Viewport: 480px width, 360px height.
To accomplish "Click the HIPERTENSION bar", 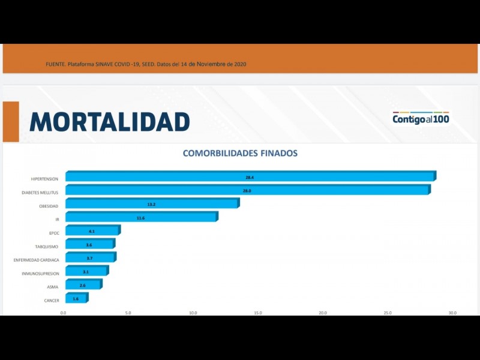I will click(250, 177).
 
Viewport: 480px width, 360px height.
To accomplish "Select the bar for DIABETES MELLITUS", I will click(247, 191).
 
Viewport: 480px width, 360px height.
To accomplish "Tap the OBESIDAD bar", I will click(152, 205).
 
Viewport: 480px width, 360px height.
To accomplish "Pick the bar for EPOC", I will click(92, 231).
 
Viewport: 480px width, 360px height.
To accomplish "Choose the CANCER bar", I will click(76, 299).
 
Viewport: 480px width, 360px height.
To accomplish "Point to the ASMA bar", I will click(83, 285).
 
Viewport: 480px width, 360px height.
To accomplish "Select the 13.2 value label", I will click(151, 205).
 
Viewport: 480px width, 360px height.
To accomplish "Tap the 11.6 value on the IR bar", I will click(140, 218).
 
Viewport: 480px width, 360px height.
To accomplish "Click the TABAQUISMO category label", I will click(47, 247).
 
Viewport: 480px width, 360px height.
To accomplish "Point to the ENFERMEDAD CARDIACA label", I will click(37, 260).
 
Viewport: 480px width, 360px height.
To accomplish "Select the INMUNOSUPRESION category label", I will click(40, 274).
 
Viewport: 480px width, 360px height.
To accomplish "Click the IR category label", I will click(57, 220).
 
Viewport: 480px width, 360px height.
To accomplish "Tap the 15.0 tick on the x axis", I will click(258, 313).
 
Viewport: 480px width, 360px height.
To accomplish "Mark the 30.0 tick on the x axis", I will click(452, 313).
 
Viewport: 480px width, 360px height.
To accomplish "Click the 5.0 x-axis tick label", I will click(128, 313).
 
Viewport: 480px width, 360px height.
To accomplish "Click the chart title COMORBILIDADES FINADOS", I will click(240, 153).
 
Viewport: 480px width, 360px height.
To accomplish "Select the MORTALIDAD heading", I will click(110, 122).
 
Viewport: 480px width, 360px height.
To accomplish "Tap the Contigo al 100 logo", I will click(421, 118).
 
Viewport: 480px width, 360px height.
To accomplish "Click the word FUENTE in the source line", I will click(55, 64).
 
